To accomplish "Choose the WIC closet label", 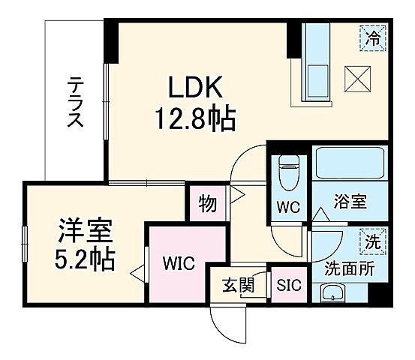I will click(179, 264).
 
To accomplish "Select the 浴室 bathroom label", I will click(350, 202).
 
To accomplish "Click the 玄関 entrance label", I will click(237, 285).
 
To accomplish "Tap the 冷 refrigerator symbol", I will click(371, 38).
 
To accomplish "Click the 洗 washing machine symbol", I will click(372, 241).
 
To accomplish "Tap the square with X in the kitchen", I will click(356, 77).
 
